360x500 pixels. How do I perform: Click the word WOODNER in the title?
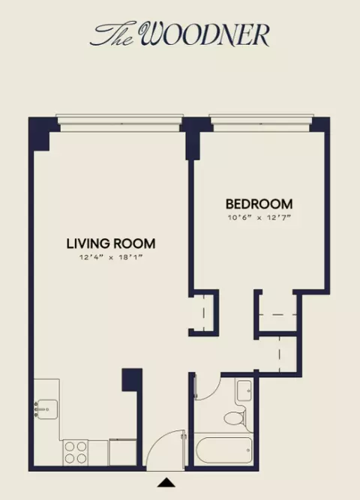(205, 34)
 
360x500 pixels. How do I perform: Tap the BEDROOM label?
(259, 204)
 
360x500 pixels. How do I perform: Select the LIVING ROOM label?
(111, 244)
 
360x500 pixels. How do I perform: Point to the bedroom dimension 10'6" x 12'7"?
(259, 218)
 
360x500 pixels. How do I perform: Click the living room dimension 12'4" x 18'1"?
(111, 257)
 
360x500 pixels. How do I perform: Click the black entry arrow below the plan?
(166, 482)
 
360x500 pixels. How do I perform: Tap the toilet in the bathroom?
(235, 417)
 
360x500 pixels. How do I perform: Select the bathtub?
(224, 450)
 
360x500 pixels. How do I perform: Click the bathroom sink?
(244, 391)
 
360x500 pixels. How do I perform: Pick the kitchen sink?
(46, 409)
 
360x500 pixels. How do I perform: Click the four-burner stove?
(76, 452)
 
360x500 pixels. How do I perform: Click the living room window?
(120, 123)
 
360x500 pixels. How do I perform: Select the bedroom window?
(260, 123)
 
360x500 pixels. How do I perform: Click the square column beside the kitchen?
(132, 379)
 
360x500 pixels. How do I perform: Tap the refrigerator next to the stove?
(123, 452)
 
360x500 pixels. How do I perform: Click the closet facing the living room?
(203, 313)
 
